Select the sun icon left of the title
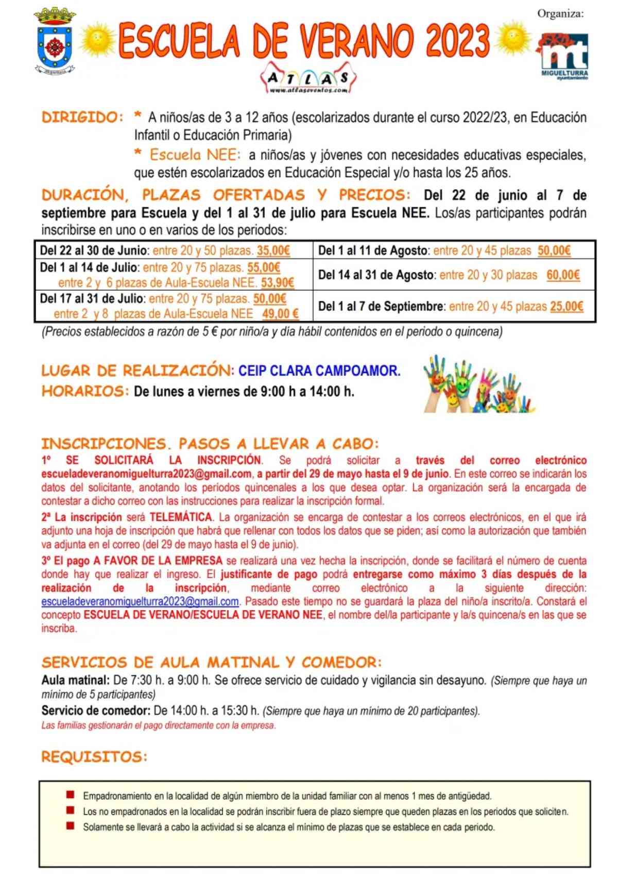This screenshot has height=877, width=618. pos(98,40)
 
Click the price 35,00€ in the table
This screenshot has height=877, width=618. pos(273,251)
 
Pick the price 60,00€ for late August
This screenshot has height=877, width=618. pos(563,275)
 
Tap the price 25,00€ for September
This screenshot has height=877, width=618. pos(566,307)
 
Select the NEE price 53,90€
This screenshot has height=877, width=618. pos(278,282)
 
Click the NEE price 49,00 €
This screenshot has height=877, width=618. pos(281,314)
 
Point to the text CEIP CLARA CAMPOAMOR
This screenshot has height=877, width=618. pos(319,370)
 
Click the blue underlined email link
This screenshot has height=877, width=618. pos(140,601)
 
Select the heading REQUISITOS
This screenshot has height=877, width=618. pos(94,757)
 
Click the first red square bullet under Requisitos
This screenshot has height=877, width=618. pos(71,795)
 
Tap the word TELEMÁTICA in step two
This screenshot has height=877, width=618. pos(181,517)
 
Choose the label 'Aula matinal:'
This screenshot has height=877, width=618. pos(75,680)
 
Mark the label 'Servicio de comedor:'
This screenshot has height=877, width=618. pos(96,711)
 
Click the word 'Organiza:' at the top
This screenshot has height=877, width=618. pos(560,14)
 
